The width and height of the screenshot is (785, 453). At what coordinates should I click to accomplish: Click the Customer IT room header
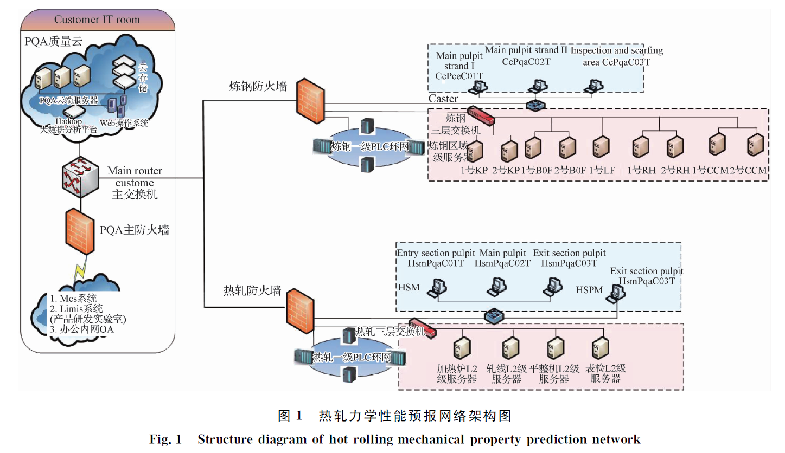(97, 20)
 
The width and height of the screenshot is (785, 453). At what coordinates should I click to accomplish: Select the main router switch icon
(80, 177)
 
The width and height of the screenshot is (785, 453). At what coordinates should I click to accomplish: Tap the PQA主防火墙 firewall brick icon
(80, 232)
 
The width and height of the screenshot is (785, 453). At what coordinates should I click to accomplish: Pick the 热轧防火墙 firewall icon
(297, 306)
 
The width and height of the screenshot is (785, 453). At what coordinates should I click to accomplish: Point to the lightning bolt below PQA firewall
(79, 270)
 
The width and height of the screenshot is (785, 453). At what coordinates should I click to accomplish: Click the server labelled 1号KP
(476, 150)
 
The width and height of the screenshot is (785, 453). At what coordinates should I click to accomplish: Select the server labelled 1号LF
(601, 148)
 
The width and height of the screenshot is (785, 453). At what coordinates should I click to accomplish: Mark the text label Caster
(443, 99)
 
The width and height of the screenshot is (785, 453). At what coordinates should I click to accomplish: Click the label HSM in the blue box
(409, 287)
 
